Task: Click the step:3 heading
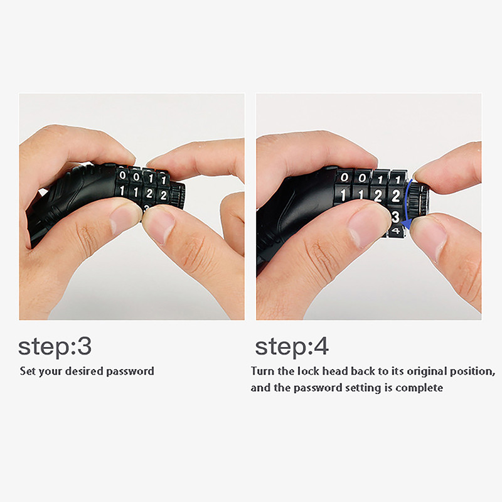coord(55,347)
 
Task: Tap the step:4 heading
coord(292,347)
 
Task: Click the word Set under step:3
coord(28,371)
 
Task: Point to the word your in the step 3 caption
coord(50,372)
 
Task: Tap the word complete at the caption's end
coord(419,388)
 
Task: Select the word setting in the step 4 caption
coord(364,388)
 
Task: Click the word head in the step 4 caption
coord(334,371)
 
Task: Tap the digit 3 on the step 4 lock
coord(395,216)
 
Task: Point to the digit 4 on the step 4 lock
coord(397,230)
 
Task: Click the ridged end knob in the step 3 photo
coord(177,195)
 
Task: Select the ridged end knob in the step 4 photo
coord(419,201)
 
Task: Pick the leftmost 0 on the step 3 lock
coord(122,175)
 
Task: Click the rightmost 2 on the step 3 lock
coord(163,195)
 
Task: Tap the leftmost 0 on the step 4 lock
coord(344,177)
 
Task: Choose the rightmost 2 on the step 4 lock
coord(396,196)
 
